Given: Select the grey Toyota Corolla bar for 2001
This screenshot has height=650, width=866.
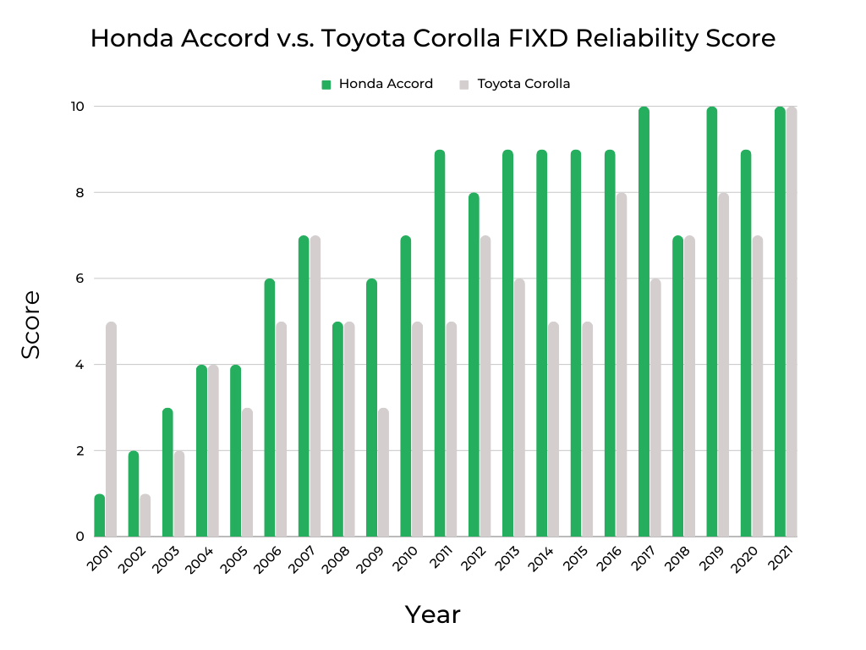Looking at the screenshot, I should (111, 429).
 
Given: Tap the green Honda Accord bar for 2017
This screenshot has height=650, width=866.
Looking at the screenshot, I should (644, 322).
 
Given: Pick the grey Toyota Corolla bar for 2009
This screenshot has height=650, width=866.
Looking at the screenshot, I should (383, 472).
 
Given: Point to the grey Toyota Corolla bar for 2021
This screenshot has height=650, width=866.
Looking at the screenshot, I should (791, 322).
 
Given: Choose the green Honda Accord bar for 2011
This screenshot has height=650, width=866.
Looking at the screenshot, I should (440, 343).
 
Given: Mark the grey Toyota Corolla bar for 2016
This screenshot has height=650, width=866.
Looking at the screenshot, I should (621, 365).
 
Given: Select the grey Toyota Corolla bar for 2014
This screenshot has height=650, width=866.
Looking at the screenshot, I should (553, 429).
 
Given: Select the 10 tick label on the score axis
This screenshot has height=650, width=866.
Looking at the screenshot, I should (77, 106).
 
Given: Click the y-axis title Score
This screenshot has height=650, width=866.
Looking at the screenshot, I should (31, 324).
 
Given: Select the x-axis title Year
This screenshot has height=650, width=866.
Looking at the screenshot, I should (432, 614).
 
